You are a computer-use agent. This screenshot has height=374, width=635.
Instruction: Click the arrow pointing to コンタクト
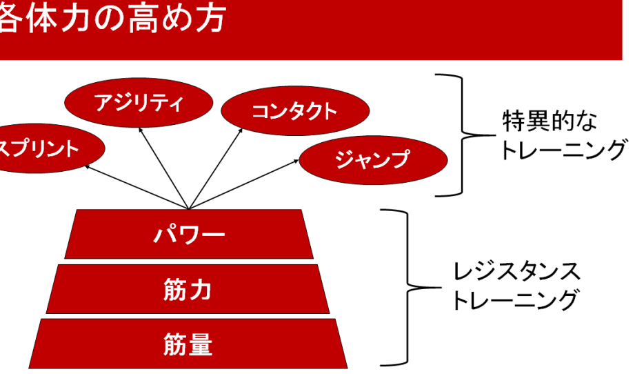point(216,166)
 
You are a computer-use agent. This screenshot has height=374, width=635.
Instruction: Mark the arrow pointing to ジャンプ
point(245,184)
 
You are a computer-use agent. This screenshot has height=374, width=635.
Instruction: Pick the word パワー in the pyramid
point(188,235)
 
